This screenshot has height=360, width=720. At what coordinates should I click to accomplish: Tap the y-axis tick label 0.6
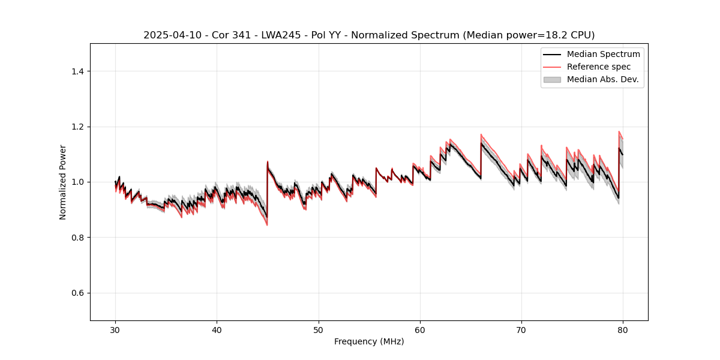coord(77,293)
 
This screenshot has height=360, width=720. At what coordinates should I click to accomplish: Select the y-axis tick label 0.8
coord(77,238)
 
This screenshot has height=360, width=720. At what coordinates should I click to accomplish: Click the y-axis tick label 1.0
coord(77,182)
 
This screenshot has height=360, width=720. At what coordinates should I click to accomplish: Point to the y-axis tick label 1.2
coord(77,127)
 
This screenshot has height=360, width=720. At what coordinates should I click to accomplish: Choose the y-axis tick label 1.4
coord(77,71)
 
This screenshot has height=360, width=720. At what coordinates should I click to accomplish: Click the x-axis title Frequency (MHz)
coord(369,341)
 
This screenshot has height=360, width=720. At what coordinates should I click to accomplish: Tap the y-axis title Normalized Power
coord(62,182)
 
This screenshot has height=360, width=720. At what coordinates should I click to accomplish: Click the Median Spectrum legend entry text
coord(603,54)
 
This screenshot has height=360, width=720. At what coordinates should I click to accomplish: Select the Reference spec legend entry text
coord(598,67)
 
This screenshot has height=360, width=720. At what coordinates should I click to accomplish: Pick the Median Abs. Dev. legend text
coord(602,79)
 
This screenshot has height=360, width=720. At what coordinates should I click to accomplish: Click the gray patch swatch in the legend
coord(552,79)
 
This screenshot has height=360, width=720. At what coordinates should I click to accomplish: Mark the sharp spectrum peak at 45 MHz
coord(268,161)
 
